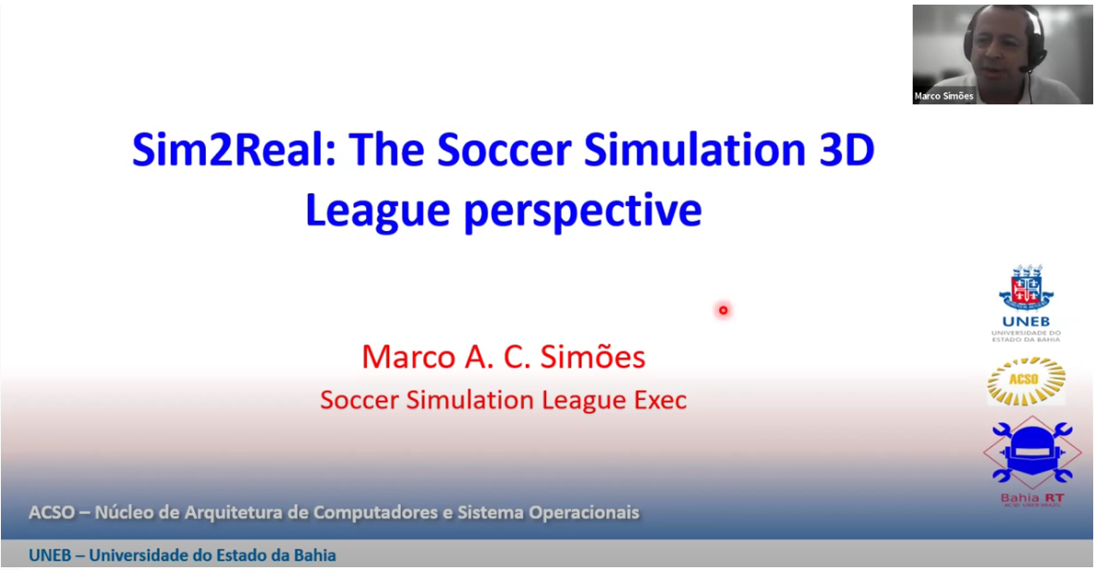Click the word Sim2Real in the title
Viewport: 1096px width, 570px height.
tap(234, 149)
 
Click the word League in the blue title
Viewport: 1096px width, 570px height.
tap(377, 211)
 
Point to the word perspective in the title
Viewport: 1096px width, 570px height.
tap(583, 211)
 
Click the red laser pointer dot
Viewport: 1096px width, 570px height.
tap(723, 309)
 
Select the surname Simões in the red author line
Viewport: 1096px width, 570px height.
tap(592, 357)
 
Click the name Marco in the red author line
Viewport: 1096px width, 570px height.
tap(408, 357)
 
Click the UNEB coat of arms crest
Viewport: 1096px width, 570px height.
tap(1026, 287)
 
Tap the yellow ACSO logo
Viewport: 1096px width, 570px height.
tap(1026, 381)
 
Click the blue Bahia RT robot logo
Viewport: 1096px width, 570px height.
tap(1031, 453)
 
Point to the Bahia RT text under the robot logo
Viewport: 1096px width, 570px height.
tap(1031, 498)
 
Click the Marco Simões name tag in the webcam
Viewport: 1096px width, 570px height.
tap(944, 96)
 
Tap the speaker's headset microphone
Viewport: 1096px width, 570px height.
tap(1026, 68)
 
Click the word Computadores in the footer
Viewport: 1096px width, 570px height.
tap(376, 512)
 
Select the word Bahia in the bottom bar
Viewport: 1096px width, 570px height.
tap(314, 555)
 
